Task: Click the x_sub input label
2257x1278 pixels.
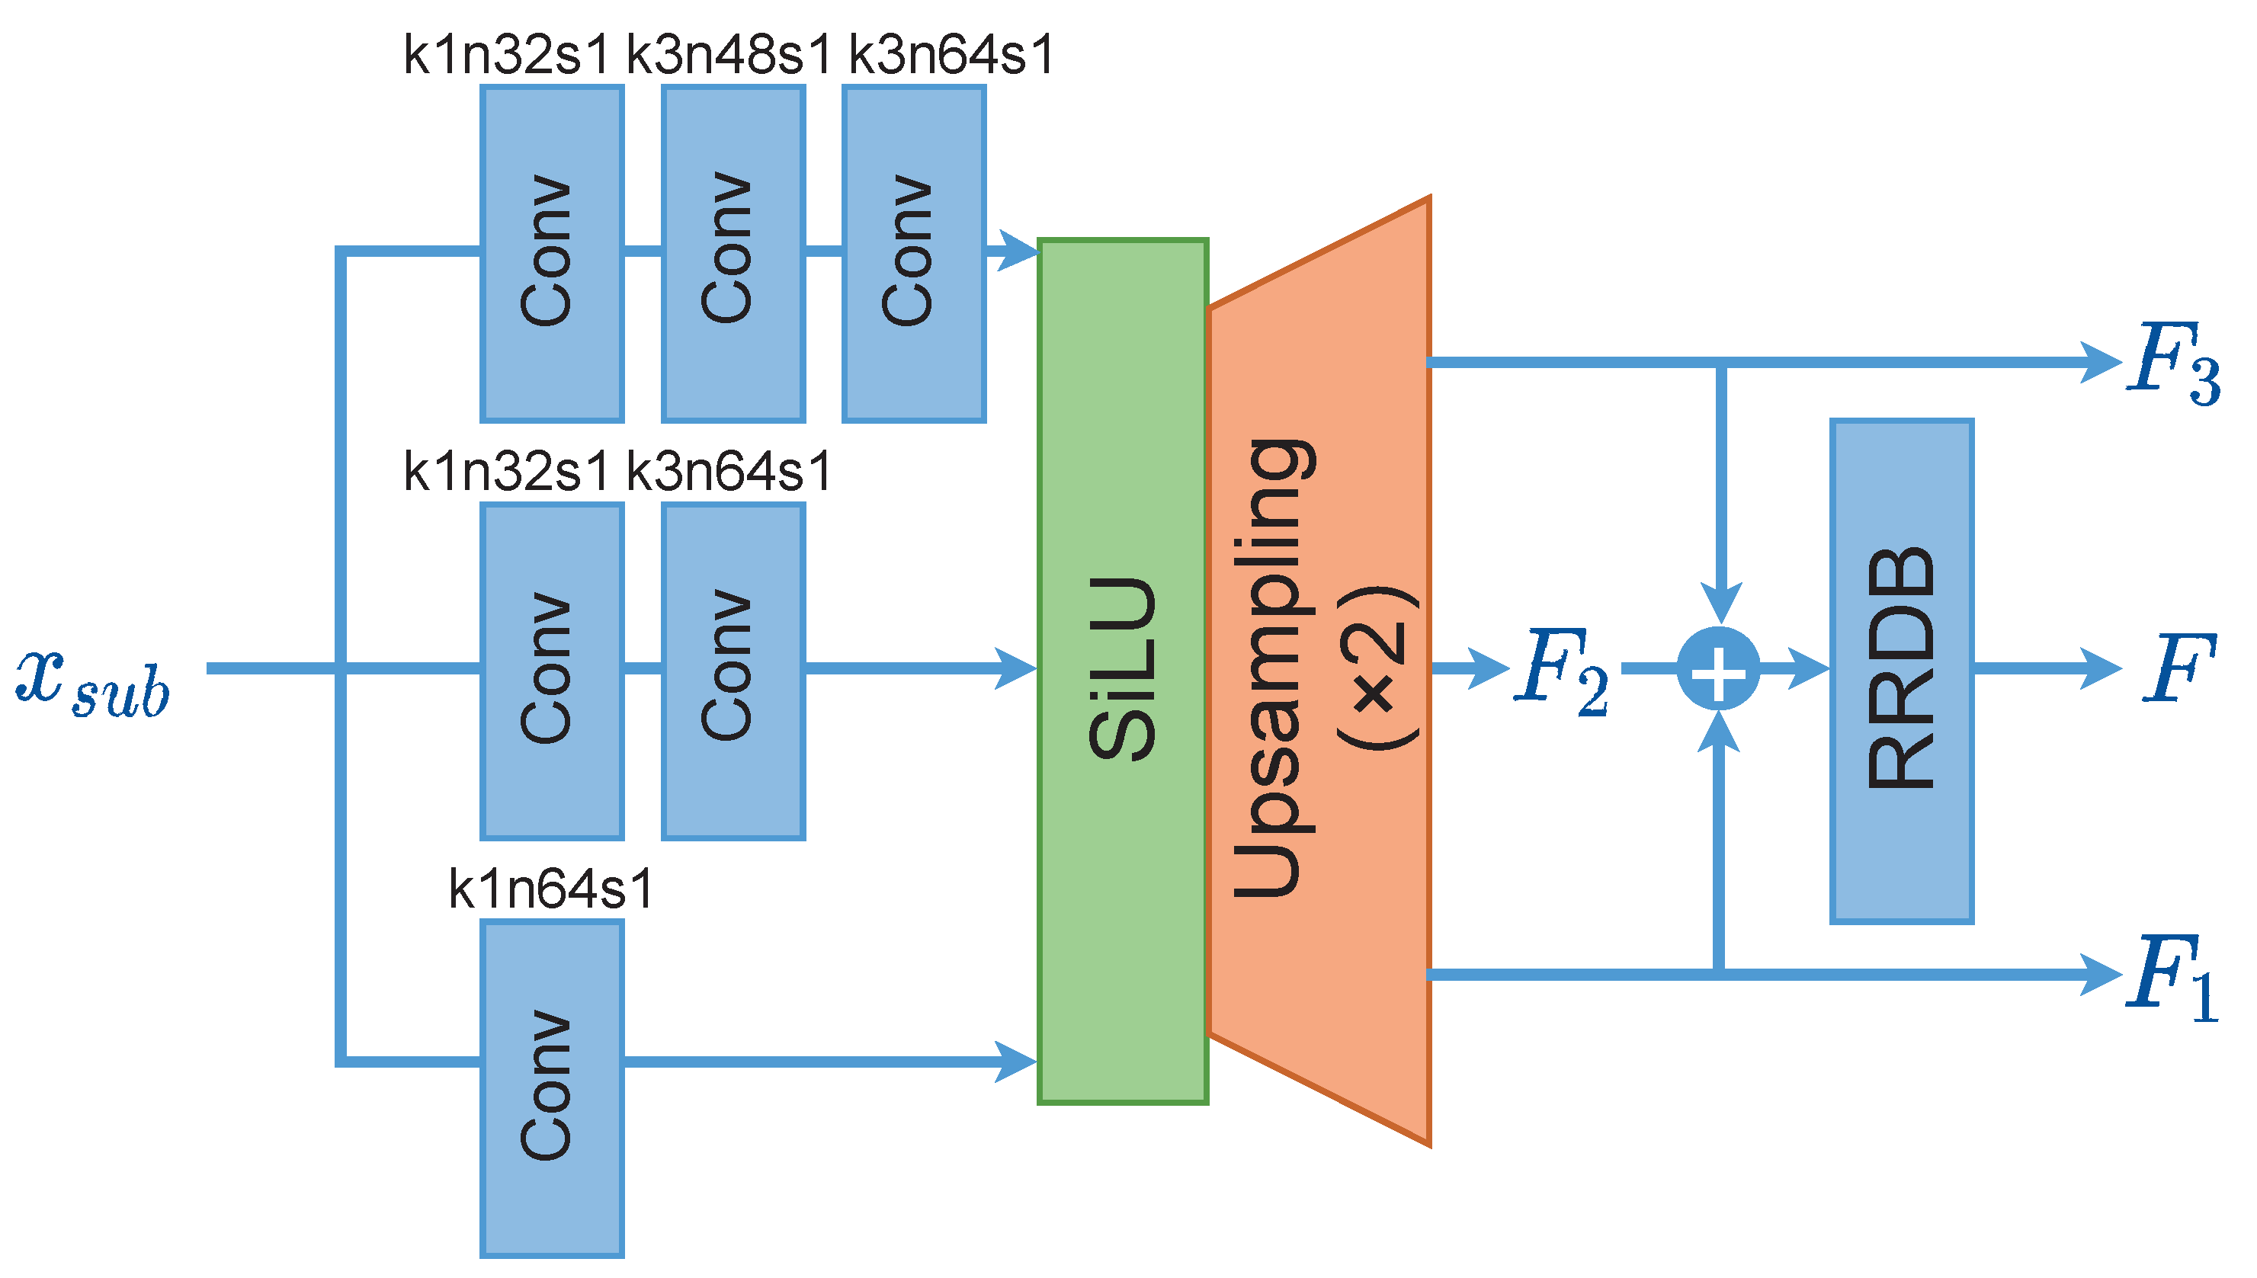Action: [92, 684]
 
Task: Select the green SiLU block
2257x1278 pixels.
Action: [1122, 671]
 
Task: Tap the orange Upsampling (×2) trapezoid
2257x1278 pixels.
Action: [1321, 671]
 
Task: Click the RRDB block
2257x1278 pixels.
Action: [1902, 671]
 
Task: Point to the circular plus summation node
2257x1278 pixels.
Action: [1718, 669]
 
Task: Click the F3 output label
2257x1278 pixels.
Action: [2172, 362]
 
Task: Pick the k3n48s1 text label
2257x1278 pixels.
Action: [728, 54]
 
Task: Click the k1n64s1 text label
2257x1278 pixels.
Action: [551, 889]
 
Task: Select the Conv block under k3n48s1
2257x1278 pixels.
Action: [733, 253]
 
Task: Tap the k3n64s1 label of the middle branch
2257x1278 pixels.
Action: [728, 472]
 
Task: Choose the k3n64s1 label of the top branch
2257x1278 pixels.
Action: [951, 54]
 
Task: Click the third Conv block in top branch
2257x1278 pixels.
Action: [913, 253]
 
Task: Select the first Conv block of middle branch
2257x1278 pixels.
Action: [551, 671]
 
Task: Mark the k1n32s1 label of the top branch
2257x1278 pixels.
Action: [505, 54]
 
